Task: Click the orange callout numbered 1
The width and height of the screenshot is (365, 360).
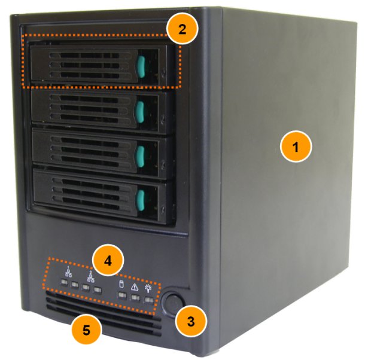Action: tap(296, 147)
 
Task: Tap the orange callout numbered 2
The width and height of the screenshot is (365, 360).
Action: tap(182, 29)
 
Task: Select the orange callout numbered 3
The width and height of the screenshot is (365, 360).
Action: tap(191, 321)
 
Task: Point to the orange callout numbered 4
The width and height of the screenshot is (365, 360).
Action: tap(108, 260)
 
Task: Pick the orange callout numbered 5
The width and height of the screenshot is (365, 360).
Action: tap(87, 330)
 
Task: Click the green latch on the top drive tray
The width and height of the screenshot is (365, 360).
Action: tap(141, 66)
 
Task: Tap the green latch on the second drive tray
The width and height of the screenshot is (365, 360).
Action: tap(140, 112)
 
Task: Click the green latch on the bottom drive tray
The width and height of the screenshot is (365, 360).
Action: tap(141, 200)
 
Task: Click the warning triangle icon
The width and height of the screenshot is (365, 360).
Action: tap(135, 287)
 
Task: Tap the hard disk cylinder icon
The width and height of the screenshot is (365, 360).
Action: tap(121, 284)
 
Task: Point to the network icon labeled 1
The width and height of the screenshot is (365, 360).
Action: tap(69, 272)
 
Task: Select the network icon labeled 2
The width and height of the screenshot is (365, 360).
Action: tap(91, 277)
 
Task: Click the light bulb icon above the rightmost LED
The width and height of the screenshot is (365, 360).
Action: tap(148, 289)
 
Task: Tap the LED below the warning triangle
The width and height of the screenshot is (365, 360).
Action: tap(135, 298)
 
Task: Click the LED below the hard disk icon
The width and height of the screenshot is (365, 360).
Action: tap(122, 295)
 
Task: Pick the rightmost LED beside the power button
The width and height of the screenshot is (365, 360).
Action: tap(149, 300)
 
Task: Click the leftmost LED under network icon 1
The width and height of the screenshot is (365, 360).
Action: tap(63, 282)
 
